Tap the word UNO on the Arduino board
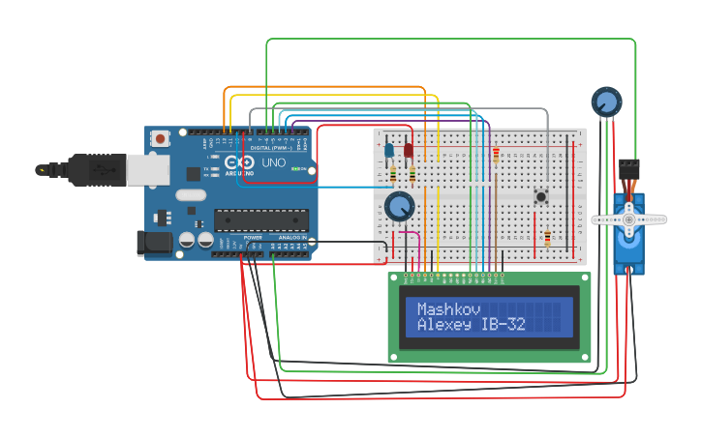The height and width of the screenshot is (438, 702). click(274, 163)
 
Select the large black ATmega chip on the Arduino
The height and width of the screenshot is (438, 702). click(260, 220)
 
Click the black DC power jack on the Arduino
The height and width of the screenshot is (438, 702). click(154, 244)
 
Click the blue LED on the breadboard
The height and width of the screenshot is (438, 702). click(389, 150)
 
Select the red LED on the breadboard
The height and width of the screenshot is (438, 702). click(409, 150)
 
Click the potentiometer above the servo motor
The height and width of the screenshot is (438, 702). click(606, 101)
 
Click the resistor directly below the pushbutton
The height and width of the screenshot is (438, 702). click(548, 238)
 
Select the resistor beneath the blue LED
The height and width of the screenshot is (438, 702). click(393, 175)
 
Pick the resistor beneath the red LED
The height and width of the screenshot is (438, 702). click(412, 175)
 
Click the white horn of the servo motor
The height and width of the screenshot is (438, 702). click(629, 219)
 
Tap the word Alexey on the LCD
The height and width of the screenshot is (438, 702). click(444, 325)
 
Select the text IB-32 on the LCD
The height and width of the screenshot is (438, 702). click(503, 325)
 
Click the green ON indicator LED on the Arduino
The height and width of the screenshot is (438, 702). click(304, 170)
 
